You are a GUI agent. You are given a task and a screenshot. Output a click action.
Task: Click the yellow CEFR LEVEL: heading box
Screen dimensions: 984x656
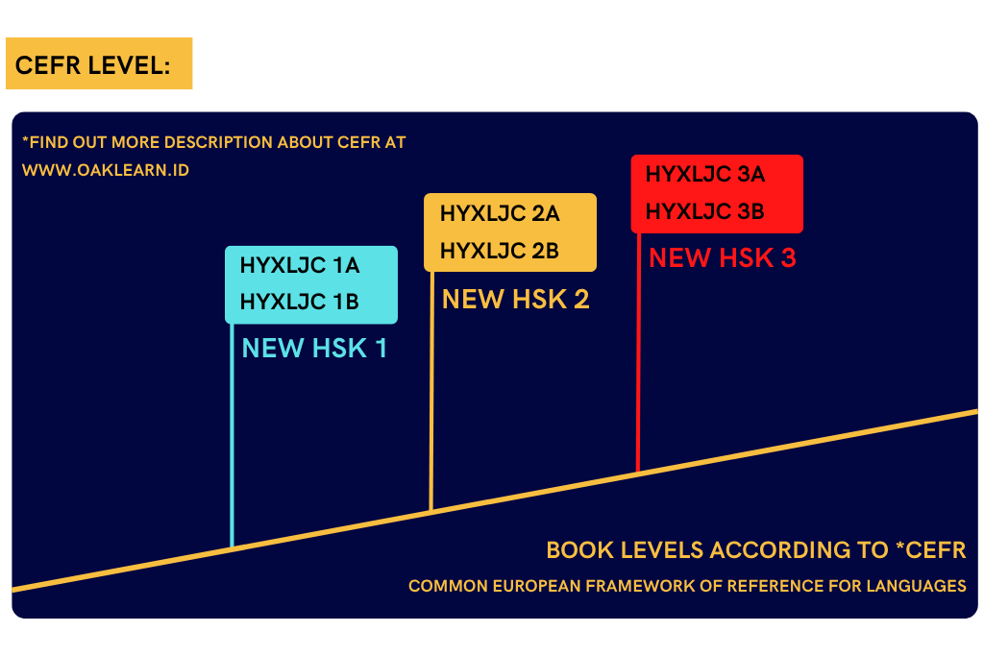99,63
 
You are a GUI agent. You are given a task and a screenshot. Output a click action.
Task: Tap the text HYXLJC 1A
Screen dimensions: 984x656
300,265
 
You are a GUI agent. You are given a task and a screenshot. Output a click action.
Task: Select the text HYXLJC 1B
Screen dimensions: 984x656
300,302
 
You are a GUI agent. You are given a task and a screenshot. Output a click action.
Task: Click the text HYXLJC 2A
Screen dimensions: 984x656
500,214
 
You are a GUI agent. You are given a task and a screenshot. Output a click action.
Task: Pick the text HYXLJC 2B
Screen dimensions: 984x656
500,251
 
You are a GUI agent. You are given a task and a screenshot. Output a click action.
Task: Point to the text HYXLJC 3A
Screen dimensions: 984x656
705,175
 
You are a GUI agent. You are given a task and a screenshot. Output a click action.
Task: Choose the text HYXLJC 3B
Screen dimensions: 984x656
704,211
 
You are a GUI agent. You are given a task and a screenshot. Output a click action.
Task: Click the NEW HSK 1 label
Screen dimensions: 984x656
314,348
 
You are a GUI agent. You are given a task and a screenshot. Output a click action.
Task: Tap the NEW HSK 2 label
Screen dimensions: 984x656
516,299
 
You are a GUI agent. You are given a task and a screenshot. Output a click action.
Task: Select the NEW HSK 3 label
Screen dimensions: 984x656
723,257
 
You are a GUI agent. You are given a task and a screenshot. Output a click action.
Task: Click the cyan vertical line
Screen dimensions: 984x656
233,436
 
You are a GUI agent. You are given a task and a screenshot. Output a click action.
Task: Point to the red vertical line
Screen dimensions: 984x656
638,352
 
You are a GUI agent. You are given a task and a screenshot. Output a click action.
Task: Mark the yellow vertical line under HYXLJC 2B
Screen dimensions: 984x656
431,391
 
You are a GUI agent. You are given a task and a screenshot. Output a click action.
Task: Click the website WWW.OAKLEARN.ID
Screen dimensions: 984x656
106,171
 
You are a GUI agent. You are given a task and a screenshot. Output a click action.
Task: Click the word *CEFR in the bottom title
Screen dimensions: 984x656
930,550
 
